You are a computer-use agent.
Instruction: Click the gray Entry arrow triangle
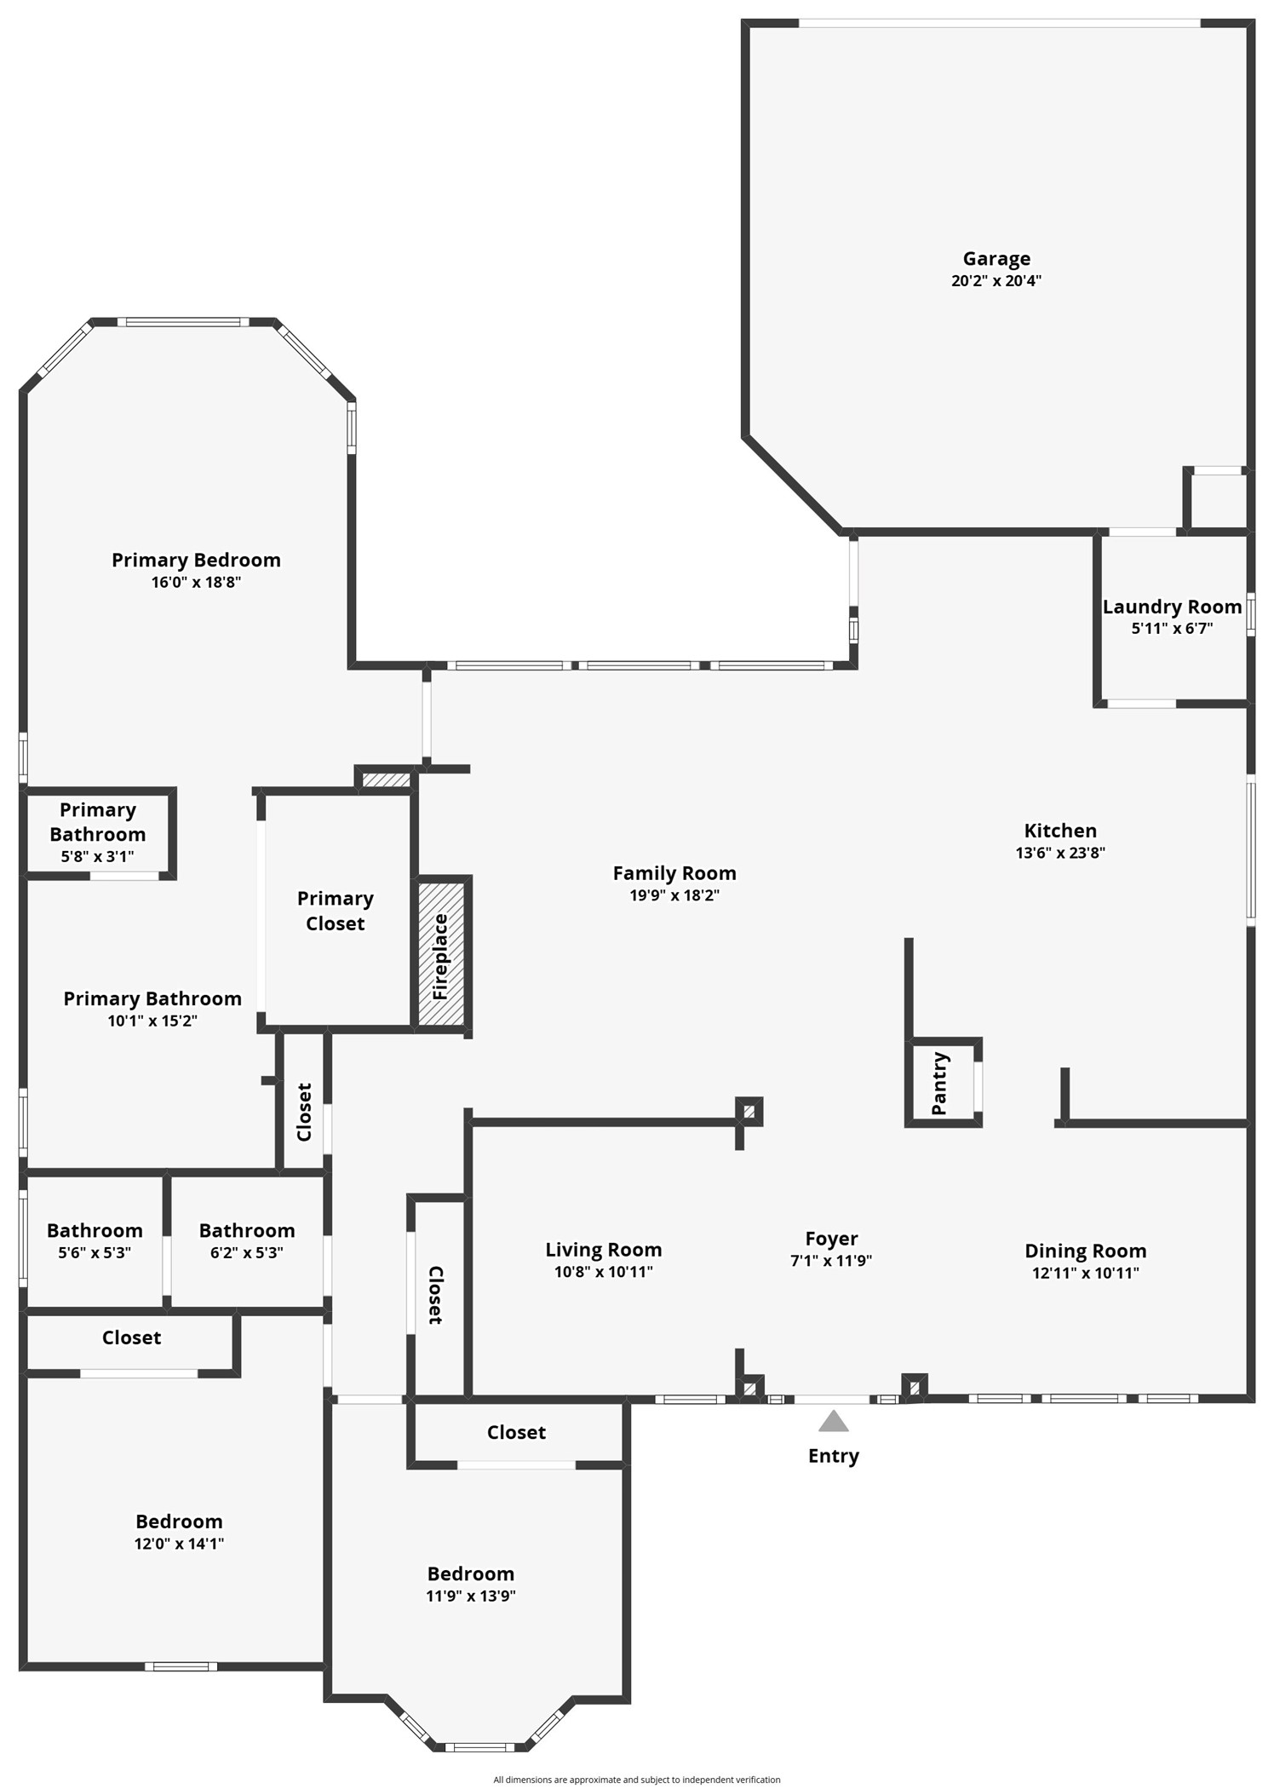click(x=833, y=1421)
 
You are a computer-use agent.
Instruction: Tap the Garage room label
click(x=996, y=258)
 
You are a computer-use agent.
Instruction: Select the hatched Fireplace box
click(x=441, y=954)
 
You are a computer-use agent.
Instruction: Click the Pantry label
click(x=939, y=1083)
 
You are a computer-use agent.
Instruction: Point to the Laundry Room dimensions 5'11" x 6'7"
click(x=1172, y=629)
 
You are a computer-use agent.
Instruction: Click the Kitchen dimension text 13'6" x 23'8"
click(x=1060, y=853)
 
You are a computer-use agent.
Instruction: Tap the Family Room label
click(x=674, y=873)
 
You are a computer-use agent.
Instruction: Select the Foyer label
click(x=831, y=1239)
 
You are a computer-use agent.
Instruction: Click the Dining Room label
click(x=1085, y=1251)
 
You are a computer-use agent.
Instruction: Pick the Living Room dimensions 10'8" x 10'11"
click(x=603, y=1272)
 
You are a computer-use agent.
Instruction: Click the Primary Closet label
click(x=336, y=911)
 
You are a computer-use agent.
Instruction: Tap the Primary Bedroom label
click(x=196, y=560)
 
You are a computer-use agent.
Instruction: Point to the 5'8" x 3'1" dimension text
click(x=97, y=856)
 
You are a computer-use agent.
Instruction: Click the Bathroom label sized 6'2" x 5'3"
click(x=247, y=1230)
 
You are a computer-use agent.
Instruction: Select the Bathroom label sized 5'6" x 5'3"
click(x=95, y=1230)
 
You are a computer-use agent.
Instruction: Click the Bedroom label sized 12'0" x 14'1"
click(x=179, y=1522)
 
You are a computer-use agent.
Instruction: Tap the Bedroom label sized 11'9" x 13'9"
click(x=471, y=1573)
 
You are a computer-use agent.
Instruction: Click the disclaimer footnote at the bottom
click(x=637, y=1780)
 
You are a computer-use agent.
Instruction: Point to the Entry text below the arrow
click(x=833, y=1456)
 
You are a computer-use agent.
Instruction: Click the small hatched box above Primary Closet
click(x=387, y=779)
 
